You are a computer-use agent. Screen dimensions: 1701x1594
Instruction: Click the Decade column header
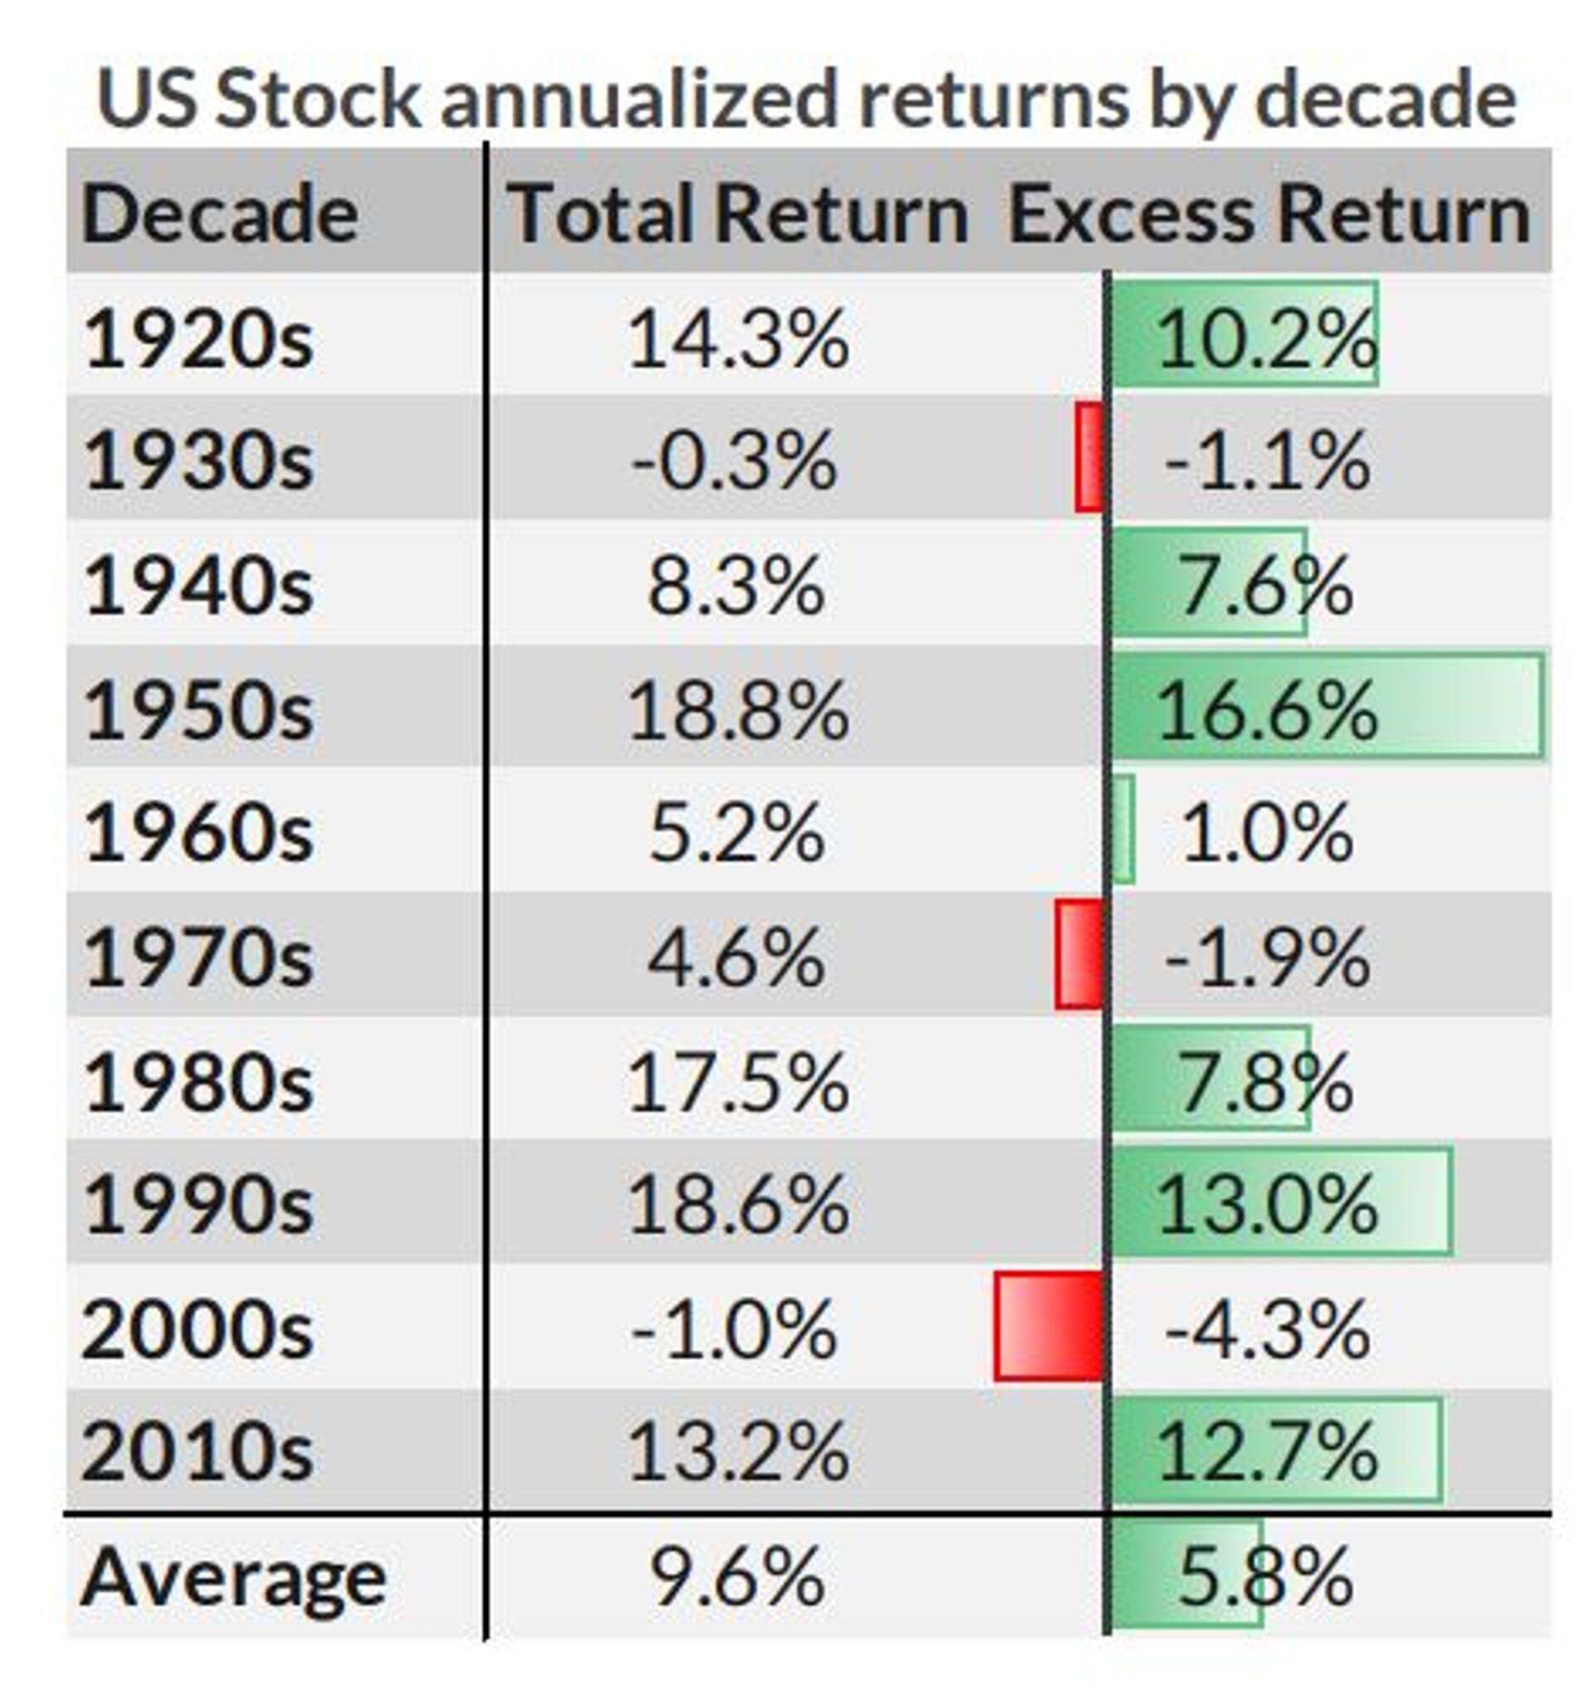coord(220,214)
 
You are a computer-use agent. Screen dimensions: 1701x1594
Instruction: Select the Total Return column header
coord(738,214)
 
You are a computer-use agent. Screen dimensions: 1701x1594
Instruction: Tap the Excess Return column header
coord(1269,214)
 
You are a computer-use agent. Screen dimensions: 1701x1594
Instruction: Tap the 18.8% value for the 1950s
coord(738,710)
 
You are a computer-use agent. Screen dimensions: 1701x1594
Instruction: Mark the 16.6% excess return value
coord(1267,710)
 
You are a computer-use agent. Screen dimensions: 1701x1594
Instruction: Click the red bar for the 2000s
coord(1049,1326)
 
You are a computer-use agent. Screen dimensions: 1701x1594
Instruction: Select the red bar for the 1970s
coord(1078,954)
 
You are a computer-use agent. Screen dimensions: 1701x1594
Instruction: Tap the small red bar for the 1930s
coord(1089,458)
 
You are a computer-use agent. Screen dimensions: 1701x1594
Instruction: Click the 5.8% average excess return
coord(1265,1577)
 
